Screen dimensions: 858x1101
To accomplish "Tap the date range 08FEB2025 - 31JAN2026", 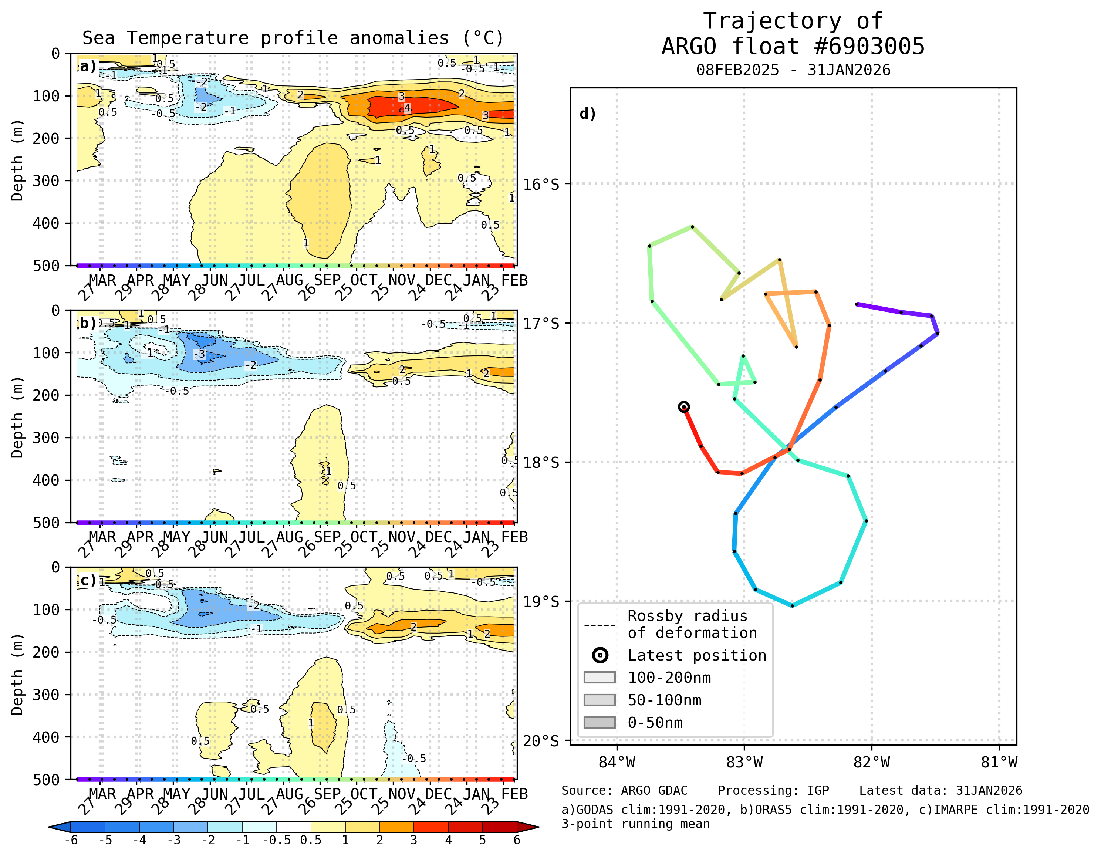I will coord(793,70).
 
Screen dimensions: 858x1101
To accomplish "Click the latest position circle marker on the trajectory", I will coord(683,407).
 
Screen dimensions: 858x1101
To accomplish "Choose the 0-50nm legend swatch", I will coord(600,722).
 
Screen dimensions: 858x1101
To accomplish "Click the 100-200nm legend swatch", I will coord(600,678).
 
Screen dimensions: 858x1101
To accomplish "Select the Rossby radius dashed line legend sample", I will coord(600,626).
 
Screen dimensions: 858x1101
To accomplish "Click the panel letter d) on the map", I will coord(588,114).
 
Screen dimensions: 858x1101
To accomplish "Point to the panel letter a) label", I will coord(88,66).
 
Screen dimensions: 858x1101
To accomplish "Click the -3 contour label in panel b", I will coord(200,354).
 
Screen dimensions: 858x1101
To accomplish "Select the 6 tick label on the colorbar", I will coord(517,840).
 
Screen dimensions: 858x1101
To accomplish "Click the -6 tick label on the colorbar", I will coord(71,840).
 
